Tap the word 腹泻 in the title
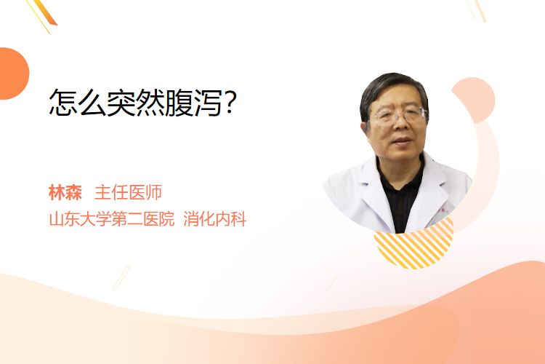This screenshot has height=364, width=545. (x=193, y=103)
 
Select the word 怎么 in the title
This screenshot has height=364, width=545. (x=78, y=103)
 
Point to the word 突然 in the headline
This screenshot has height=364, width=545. (x=136, y=103)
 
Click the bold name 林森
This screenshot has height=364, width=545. (x=65, y=193)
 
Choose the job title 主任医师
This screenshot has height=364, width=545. (x=128, y=193)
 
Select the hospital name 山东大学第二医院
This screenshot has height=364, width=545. (x=112, y=219)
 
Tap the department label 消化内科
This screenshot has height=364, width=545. (x=215, y=219)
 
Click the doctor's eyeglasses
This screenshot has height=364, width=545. (x=400, y=115)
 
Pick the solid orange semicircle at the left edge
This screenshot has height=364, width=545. (x=13, y=74)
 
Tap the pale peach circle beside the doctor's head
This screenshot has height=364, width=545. (x=476, y=100)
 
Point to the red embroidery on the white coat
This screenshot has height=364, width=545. (x=443, y=210)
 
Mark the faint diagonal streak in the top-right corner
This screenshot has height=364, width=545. (x=477, y=10)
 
